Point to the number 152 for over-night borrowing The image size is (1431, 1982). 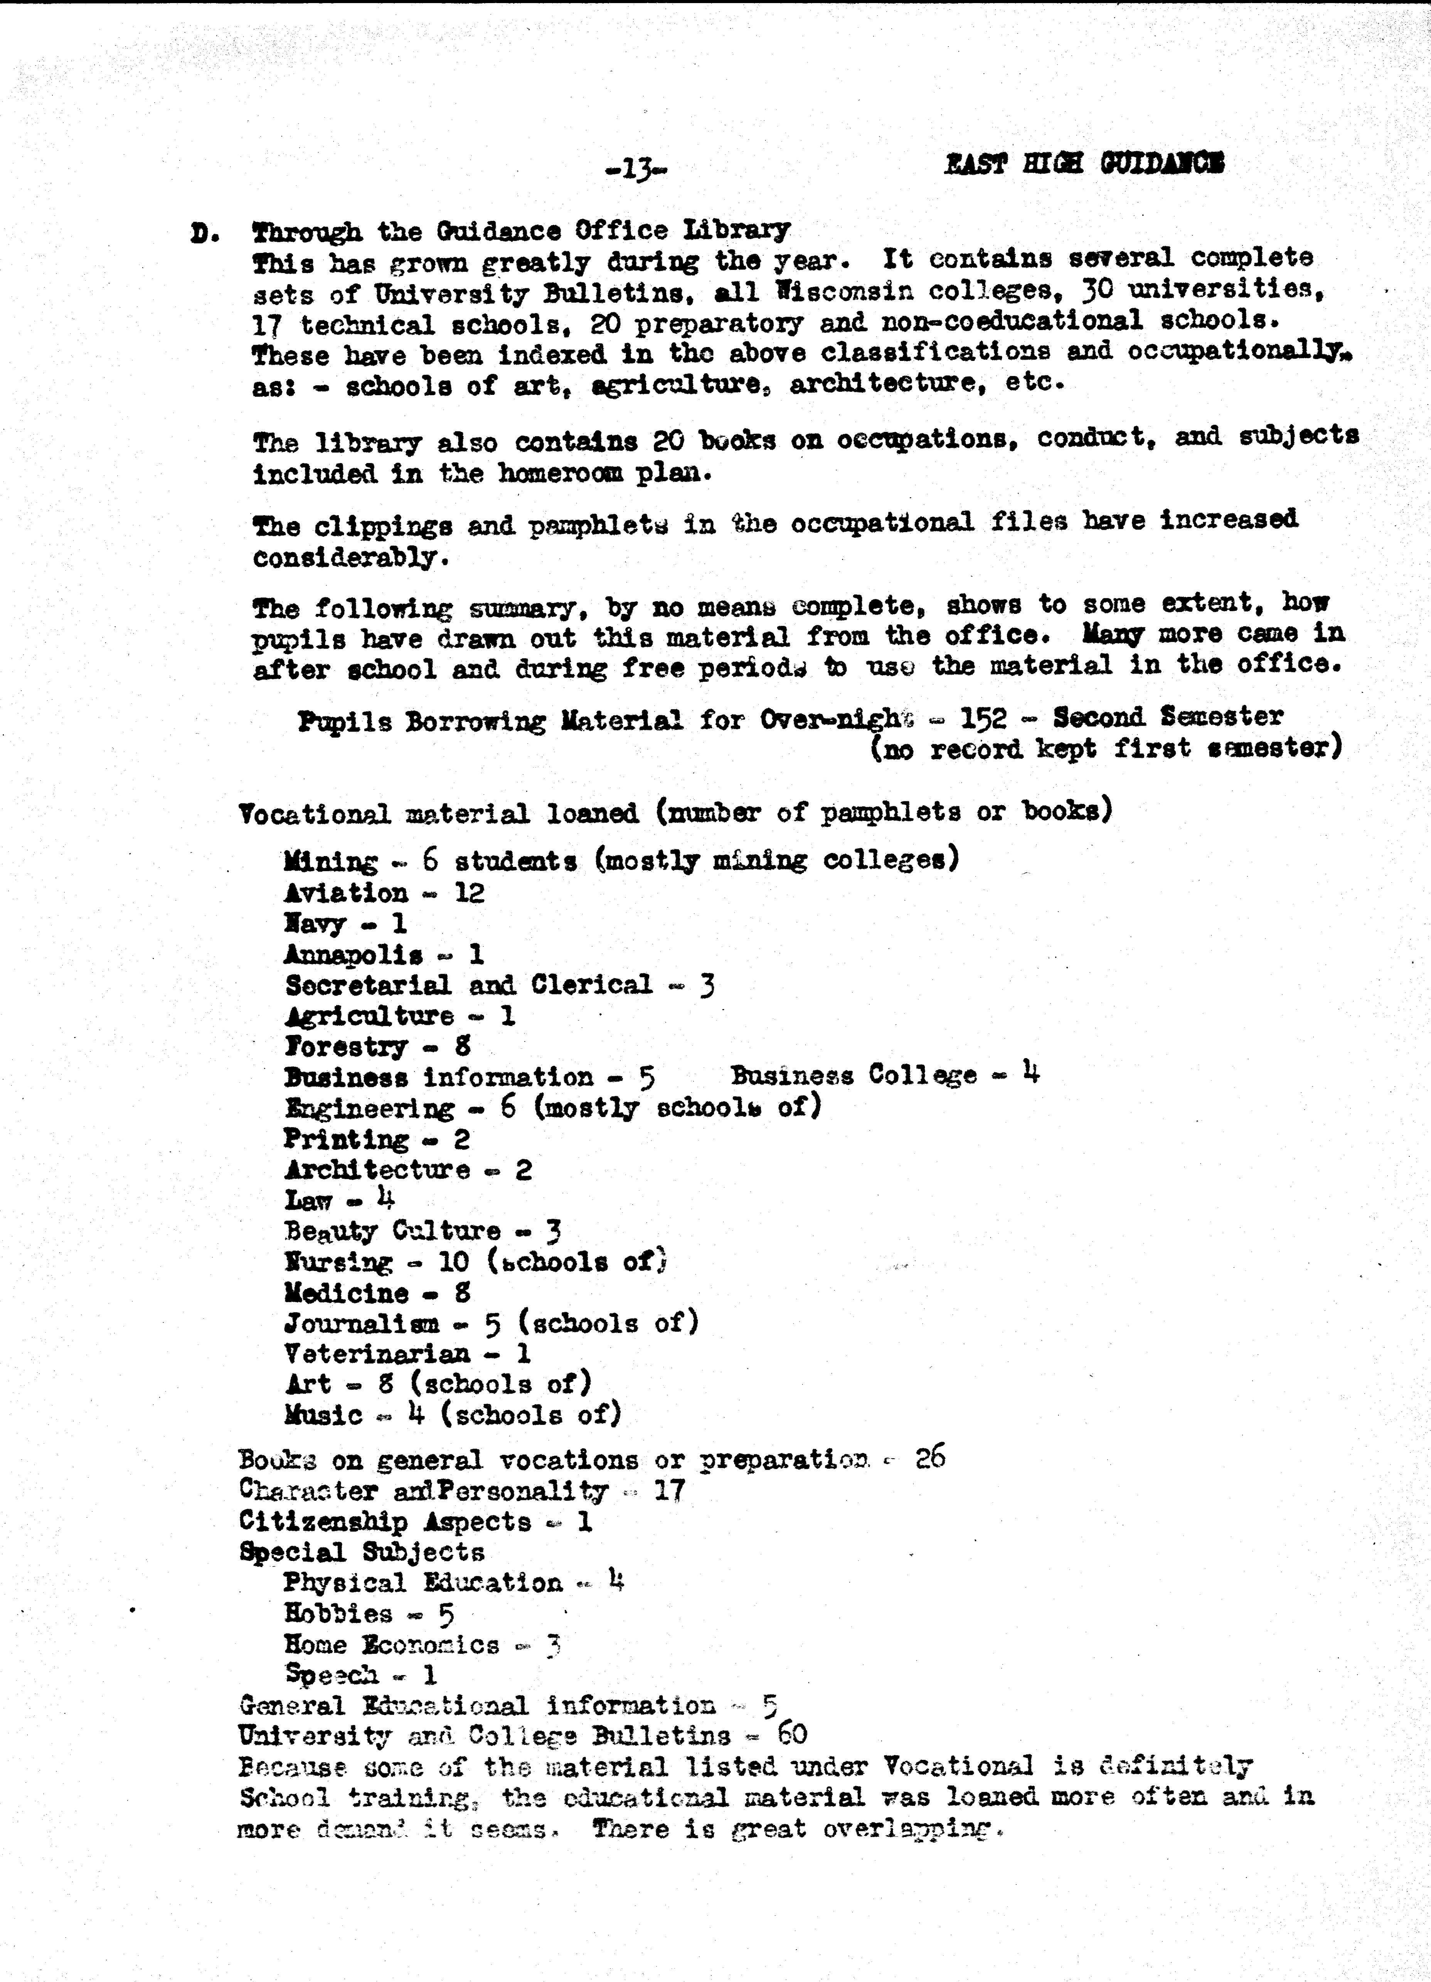(x=983, y=718)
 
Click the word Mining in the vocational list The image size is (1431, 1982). (x=330, y=862)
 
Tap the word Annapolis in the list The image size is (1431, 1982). (x=353, y=955)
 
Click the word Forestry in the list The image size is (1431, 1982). (x=346, y=1047)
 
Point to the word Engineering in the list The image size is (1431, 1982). (x=370, y=1108)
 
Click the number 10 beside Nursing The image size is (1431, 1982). (x=453, y=1262)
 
